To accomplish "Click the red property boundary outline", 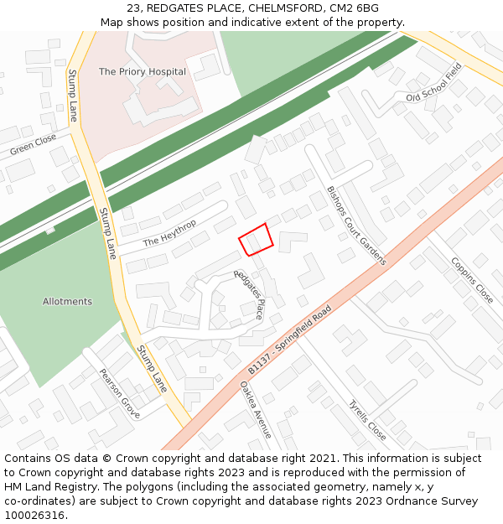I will pos(256,239).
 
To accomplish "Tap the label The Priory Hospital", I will pos(143,72).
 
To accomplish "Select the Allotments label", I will pos(67,302).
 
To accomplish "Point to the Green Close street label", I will pos(34,146).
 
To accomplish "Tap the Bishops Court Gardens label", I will pos(356,226).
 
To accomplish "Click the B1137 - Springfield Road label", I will pos(290,340).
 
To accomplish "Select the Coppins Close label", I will pos(472,279).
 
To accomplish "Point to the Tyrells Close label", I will pos(367,420).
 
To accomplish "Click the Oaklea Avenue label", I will pos(256,410).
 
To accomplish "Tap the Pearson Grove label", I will pos(119,393).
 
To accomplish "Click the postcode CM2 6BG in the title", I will pos(353,8).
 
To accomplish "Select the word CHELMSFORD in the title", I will pos(283,8).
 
